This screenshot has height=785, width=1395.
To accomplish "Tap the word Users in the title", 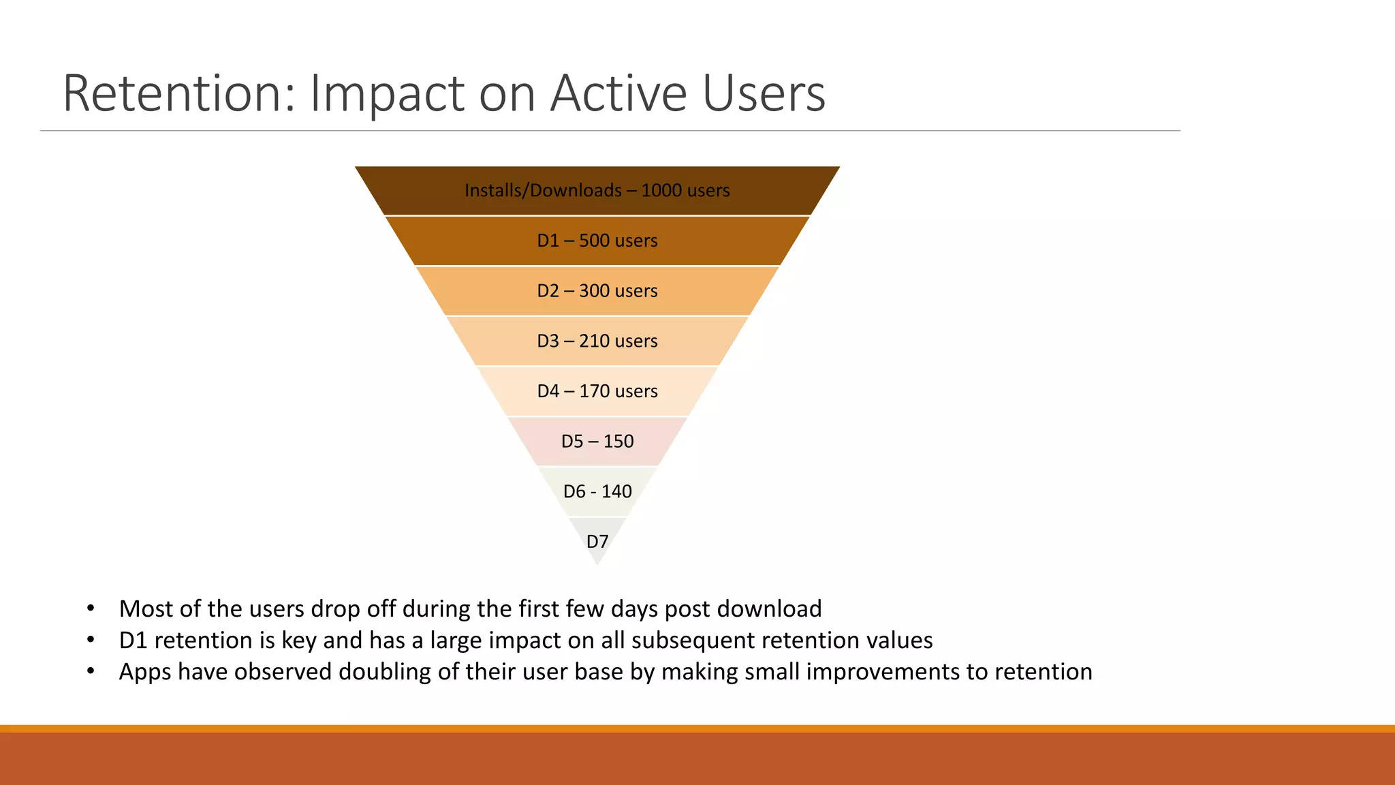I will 764,93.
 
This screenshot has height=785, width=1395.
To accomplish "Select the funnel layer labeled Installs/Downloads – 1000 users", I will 597,191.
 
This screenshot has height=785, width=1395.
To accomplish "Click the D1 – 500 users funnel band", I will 597,241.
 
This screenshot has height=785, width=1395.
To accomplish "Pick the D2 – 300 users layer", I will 597,291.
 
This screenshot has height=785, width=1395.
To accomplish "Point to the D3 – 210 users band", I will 597,341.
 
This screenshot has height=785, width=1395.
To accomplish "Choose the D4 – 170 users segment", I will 597,391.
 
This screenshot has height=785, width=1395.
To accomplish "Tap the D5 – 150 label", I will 597,442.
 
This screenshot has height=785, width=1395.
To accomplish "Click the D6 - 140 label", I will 597,491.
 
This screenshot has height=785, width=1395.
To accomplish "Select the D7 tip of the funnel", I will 597,541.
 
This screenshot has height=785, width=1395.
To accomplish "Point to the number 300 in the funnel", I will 594,291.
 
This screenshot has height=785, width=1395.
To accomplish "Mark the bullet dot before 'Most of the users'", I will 91,609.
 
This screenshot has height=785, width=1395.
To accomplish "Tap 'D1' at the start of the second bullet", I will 133,641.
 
